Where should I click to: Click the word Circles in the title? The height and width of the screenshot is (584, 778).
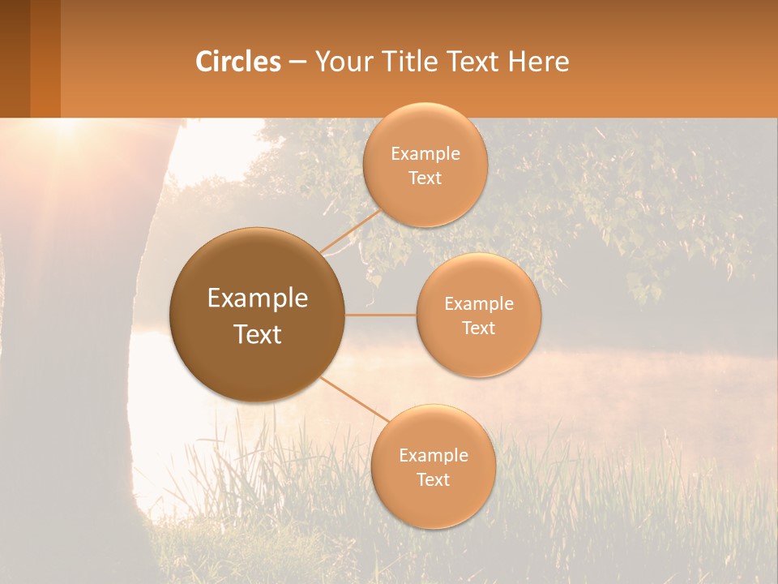tap(237, 62)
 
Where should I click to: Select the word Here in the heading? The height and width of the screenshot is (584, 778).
tap(538, 62)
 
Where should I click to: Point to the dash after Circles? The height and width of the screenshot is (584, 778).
tap(297, 62)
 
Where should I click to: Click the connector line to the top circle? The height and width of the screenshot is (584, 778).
tap(351, 229)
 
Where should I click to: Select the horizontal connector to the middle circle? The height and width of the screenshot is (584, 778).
tap(380, 315)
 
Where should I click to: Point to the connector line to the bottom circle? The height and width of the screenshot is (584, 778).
tap(353, 399)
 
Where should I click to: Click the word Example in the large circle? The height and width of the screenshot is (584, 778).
tap(258, 298)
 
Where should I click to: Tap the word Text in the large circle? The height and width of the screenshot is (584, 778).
tap(258, 334)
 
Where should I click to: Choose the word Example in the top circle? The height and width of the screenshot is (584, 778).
tap(425, 154)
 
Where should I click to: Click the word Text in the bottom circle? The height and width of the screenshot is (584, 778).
tap(433, 479)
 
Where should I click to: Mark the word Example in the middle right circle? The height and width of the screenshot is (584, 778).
tap(479, 304)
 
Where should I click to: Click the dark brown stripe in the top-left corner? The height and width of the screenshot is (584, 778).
tap(15, 58)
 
